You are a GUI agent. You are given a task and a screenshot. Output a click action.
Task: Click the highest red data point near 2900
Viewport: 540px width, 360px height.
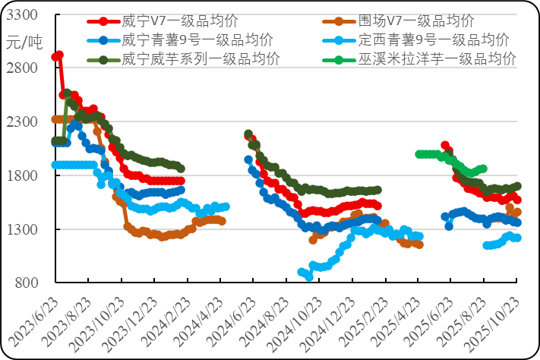tap(59, 55)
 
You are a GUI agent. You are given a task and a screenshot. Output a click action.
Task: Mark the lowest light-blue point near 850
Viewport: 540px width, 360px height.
tap(309, 277)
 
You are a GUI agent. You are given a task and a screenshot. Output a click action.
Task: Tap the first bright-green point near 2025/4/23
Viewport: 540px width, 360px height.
tap(419, 154)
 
